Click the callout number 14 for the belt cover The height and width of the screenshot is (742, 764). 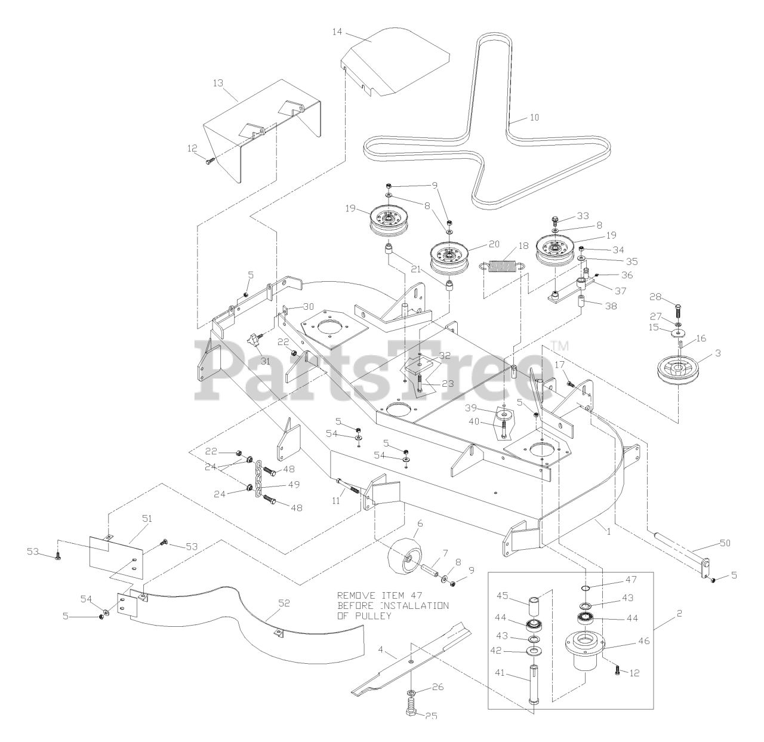(x=338, y=32)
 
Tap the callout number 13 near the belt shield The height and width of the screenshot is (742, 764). (x=217, y=83)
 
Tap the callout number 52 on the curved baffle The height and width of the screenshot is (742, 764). (x=284, y=603)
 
